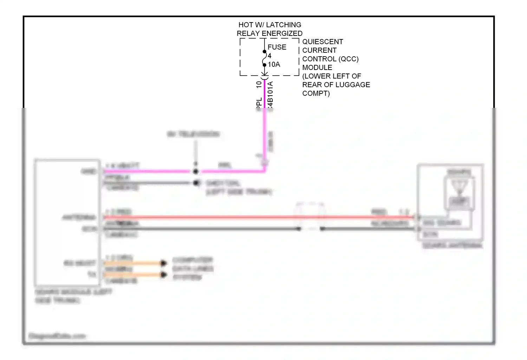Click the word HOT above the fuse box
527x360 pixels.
tap(245, 25)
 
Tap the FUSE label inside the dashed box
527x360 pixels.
tap(277, 47)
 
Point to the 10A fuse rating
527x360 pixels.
tap(274, 64)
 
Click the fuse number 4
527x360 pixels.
tap(269, 56)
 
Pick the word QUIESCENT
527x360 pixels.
tap(323, 42)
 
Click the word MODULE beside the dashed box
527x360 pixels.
tap(317, 67)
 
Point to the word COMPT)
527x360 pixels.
tap(316, 94)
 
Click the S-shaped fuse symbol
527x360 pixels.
tap(265, 58)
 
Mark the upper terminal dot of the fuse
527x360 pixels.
tap(265, 52)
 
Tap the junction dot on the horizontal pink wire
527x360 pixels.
tap(196, 172)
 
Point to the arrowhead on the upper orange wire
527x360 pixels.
tap(163, 263)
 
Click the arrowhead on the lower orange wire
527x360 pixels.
tap(163, 274)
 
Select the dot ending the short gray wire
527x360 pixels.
tap(196, 183)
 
